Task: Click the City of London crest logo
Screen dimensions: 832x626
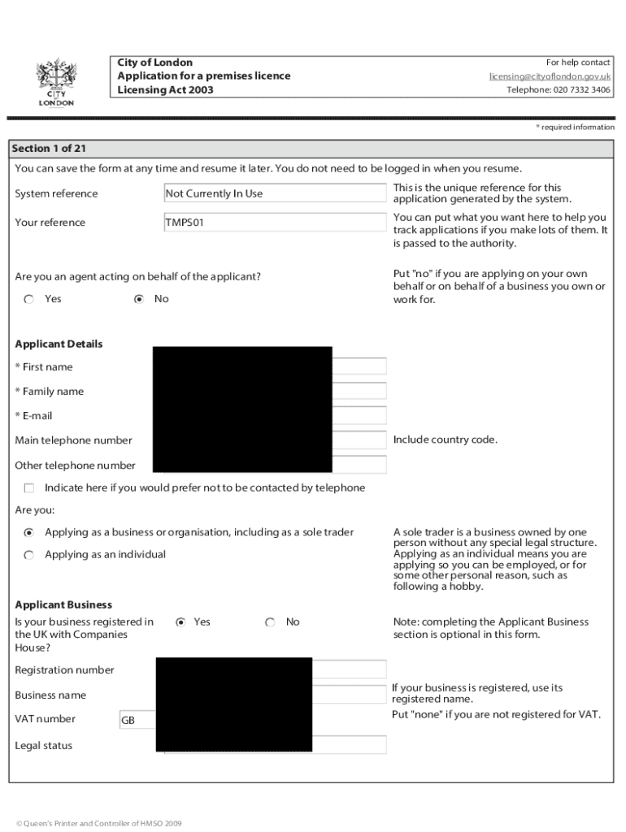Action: (56, 81)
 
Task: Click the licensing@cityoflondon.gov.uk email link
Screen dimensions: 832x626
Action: (550, 76)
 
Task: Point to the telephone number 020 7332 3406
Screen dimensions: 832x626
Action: (559, 90)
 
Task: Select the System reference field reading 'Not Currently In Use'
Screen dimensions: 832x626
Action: (274, 193)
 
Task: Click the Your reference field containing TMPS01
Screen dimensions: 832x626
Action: (274, 223)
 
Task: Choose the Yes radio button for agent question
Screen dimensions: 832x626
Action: (29, 299)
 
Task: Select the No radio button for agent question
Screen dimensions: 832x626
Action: (139, 299)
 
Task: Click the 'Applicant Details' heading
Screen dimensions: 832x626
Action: (59, 344)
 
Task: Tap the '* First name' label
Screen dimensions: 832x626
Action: (44, 367)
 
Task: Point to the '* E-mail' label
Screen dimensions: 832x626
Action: (33, 416)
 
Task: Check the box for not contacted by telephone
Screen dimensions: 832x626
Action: (29, 488)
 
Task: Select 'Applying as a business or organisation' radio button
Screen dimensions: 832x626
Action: (29, 533)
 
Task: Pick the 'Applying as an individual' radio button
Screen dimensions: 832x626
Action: (29, 555)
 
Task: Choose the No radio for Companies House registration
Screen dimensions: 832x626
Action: (270, 622)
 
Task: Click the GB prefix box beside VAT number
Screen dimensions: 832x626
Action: (136, 720)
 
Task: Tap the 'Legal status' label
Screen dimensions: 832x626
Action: (44, 746)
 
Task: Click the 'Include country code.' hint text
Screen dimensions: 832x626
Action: (445, 440)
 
